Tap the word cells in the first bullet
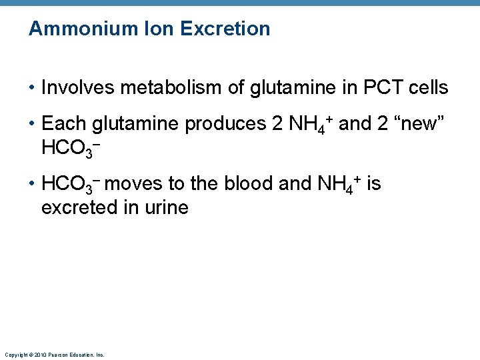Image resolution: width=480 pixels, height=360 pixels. (429, 87)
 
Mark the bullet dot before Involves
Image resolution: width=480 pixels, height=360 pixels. (31, 88)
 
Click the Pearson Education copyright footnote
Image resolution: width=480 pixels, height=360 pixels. (54, 354)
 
